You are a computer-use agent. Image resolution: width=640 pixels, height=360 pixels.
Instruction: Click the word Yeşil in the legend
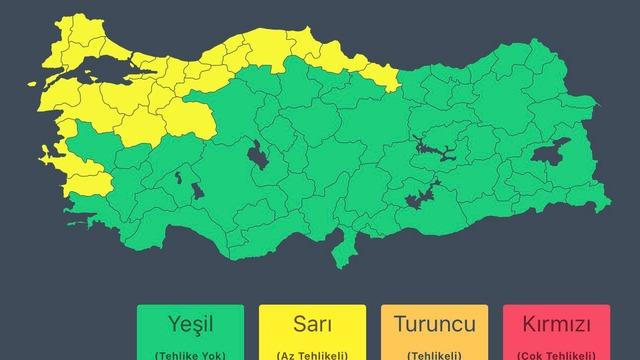click(x=189, y=325)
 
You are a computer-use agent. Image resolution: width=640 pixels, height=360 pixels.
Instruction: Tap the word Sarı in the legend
click(x=311, y=325)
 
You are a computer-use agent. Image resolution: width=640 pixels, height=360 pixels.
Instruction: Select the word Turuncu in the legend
click(x=433, y=325)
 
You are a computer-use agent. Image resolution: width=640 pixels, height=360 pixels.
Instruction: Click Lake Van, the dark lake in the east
click(x=547, y=156)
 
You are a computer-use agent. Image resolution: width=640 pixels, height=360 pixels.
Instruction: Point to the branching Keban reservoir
click(x=434, y=150)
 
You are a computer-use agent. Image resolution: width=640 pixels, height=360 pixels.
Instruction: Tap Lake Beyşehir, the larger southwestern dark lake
click(x=193, y=190)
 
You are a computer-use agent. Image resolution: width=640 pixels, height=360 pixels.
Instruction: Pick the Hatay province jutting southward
click(x=346, y=246)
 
